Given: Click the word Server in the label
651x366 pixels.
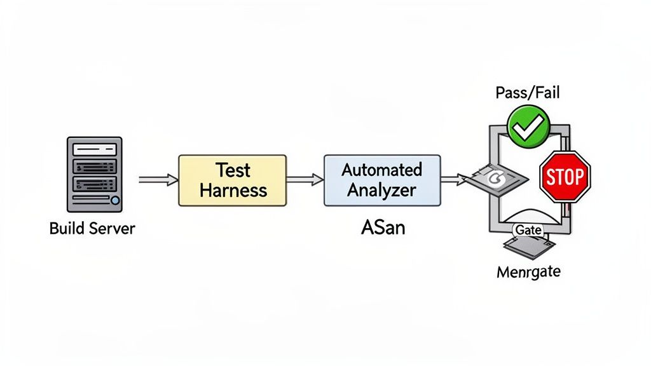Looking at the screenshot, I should pos(112,228).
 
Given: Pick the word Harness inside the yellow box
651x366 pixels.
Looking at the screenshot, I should pos(233,190).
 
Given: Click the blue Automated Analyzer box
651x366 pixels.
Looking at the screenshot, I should pos(381,180).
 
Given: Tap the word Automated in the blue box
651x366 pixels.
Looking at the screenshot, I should pos(381,170).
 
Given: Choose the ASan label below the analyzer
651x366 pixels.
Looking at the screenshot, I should pos(382,227).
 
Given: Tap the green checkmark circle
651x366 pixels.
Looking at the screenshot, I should pos(528,127).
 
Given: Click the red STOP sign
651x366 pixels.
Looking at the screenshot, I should pos(565,177).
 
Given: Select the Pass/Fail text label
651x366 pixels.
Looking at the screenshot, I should pos(527,93).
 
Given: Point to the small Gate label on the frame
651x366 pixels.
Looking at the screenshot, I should pos(528,230).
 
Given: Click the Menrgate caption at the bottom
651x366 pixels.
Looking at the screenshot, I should pos(528,273).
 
